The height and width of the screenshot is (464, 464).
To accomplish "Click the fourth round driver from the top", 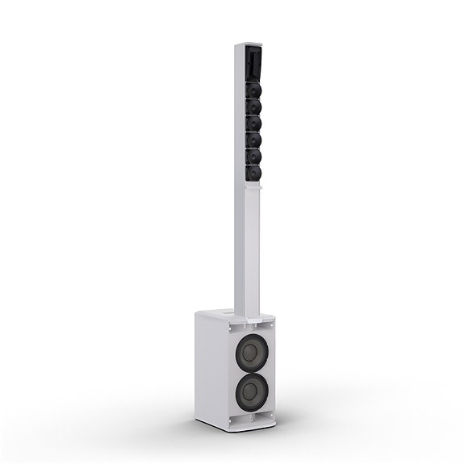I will click(x=254, y=139).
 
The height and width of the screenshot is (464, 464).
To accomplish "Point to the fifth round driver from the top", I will click(x=254, y=154).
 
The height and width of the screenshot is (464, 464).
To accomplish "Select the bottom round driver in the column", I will click(x=254, y=170).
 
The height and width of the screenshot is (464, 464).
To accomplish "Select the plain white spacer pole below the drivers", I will click(x=249, y=242).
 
